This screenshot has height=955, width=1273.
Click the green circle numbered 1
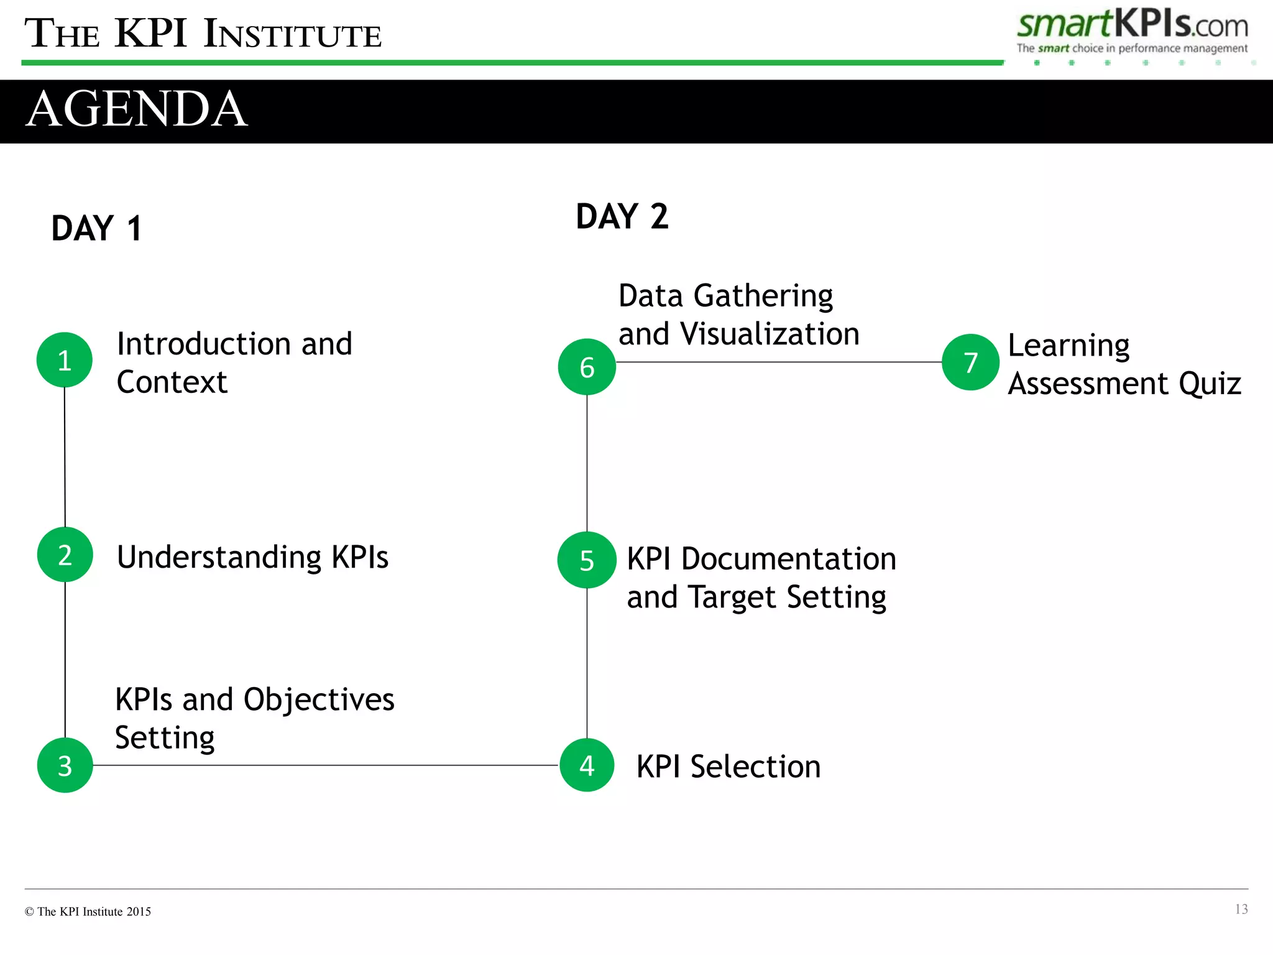(65, 360)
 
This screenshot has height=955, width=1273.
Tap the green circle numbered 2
(65, 555)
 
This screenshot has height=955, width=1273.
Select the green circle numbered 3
(65, 765)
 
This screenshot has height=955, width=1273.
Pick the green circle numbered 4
(587, 765)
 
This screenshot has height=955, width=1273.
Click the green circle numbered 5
(587, 560)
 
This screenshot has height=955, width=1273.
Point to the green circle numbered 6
(587, 367)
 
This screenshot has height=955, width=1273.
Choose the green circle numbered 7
(970, 362)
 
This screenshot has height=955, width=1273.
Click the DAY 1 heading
(96, 228)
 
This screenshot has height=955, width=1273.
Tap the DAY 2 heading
(622, 216)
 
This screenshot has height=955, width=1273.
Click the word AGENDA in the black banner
(137, 109)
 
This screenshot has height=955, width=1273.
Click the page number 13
(1241, 909)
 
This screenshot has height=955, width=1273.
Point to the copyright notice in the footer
(88, 911)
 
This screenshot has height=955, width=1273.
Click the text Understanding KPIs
(252, 557)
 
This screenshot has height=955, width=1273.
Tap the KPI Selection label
(728, 766)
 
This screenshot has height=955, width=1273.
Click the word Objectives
(319, 700)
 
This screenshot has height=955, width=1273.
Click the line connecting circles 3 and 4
(323, 765)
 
